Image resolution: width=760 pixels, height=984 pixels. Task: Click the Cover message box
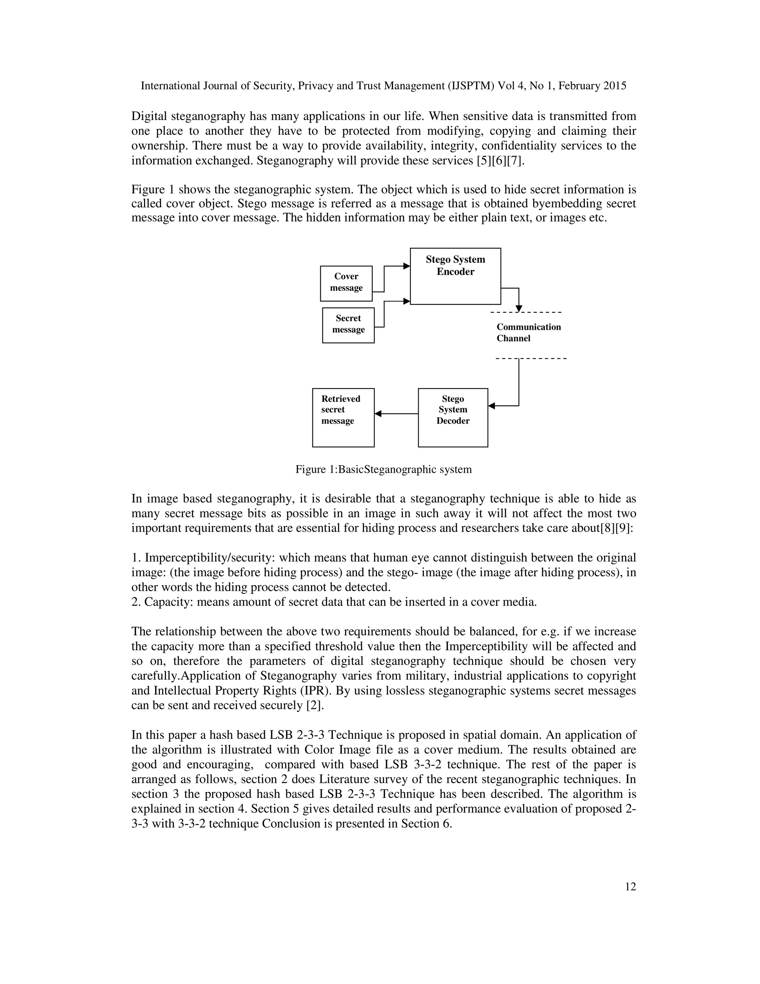click(346, 283)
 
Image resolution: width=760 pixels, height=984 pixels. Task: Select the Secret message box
click(348, 325)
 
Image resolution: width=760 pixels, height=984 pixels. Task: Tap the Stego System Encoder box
click(455, 276)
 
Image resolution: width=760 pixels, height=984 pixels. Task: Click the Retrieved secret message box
click(343, 417)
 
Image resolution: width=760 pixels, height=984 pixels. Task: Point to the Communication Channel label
click(528, 332)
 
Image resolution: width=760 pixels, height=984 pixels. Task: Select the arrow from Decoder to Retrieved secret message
click(396, 414)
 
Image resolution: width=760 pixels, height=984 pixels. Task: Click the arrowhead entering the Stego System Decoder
click(492, 406)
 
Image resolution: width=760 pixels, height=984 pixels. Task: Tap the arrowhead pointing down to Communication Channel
click(519, 309)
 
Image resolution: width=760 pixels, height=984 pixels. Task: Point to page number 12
click(630, 887)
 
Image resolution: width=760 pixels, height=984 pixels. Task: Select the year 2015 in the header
click(615, 86)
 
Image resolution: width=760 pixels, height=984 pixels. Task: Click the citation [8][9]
click(616, 528)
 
